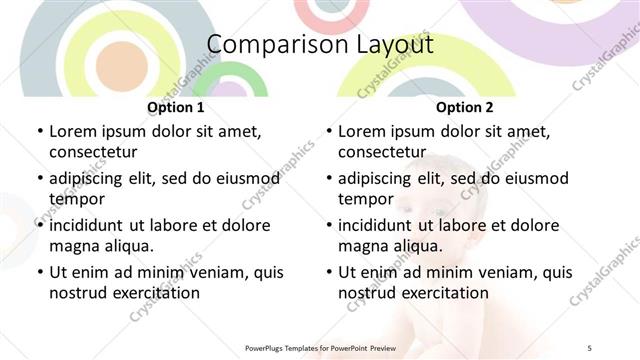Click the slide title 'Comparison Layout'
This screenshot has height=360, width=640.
pyautogui.click(x=320, y=45)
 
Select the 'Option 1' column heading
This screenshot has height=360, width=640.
pyautogui.click(x=175, y=107)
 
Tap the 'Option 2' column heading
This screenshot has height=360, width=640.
pyautogui.click(x=464, y=107)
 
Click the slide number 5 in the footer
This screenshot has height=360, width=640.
pyautogui.click(x=590, y=347)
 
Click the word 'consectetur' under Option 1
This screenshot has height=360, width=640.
pyautogui.click(x=93, y=152)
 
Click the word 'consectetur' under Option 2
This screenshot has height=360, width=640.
pyautogui.click(x=382, y=152)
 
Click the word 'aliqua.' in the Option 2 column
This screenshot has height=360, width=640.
pyautogui.click(x=416, y=246)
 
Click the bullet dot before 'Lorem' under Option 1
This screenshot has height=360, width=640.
pyautogui.click(x=39, y=132)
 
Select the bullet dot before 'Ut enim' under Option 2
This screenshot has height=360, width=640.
pyautogui.click(x=328, y=273)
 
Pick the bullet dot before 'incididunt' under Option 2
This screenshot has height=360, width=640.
pyautogui.click(x=328, y=226)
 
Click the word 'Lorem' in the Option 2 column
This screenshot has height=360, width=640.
pyautogui.click(x=362, y=131)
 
